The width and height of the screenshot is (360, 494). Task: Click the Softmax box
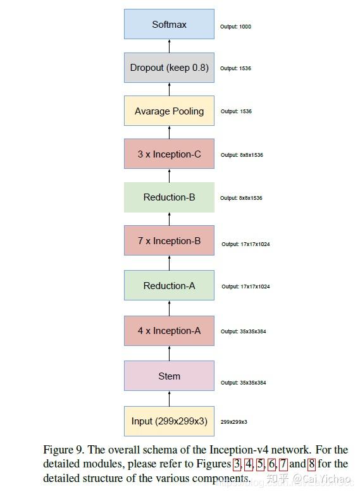pyautogui.click(x=169, y=25)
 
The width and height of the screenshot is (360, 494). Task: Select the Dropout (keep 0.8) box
pyautogui.click(x=169, y=68)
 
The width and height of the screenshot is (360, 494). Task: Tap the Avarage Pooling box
pyautogui.click(x=169, y=111)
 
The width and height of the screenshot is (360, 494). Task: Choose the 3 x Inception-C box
pyautogui.click(x=169, y=154)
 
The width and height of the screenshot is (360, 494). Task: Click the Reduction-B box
pyautogui.click(x=169, y=197)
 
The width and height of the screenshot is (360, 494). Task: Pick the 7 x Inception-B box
pyautogui.click(x=169, y=241)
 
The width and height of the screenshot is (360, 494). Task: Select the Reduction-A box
pyautogui.click(x=169, y=286)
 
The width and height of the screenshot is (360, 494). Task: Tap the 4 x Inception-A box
pyautogui.click(x=169, y=331)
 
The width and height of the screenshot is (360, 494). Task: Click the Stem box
pyautogui.click(x=169, y=376)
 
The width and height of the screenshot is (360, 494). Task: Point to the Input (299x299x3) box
pyautogui.click(x=169, y=421)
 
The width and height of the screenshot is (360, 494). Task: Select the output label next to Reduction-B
pyautogui.click(x=241, y=198)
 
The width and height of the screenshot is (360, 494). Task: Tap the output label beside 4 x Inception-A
pyautogui.click(x=243, y=331)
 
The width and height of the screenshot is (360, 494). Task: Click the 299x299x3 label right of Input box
pyautogui.click(x=233, y=422)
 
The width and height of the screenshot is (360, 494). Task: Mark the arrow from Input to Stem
pyautogui.click(x=169, y=398)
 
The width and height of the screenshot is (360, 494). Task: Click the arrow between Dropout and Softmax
pyautogui.click(x=169, y=46)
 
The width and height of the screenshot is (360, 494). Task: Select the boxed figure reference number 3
pyautogui.click(x=237, y=464)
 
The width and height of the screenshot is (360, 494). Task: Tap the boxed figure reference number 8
pyautogui.click(x=311, y=464)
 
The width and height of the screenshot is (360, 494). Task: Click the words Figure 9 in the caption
pyautogui.click(x=62, y=450)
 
